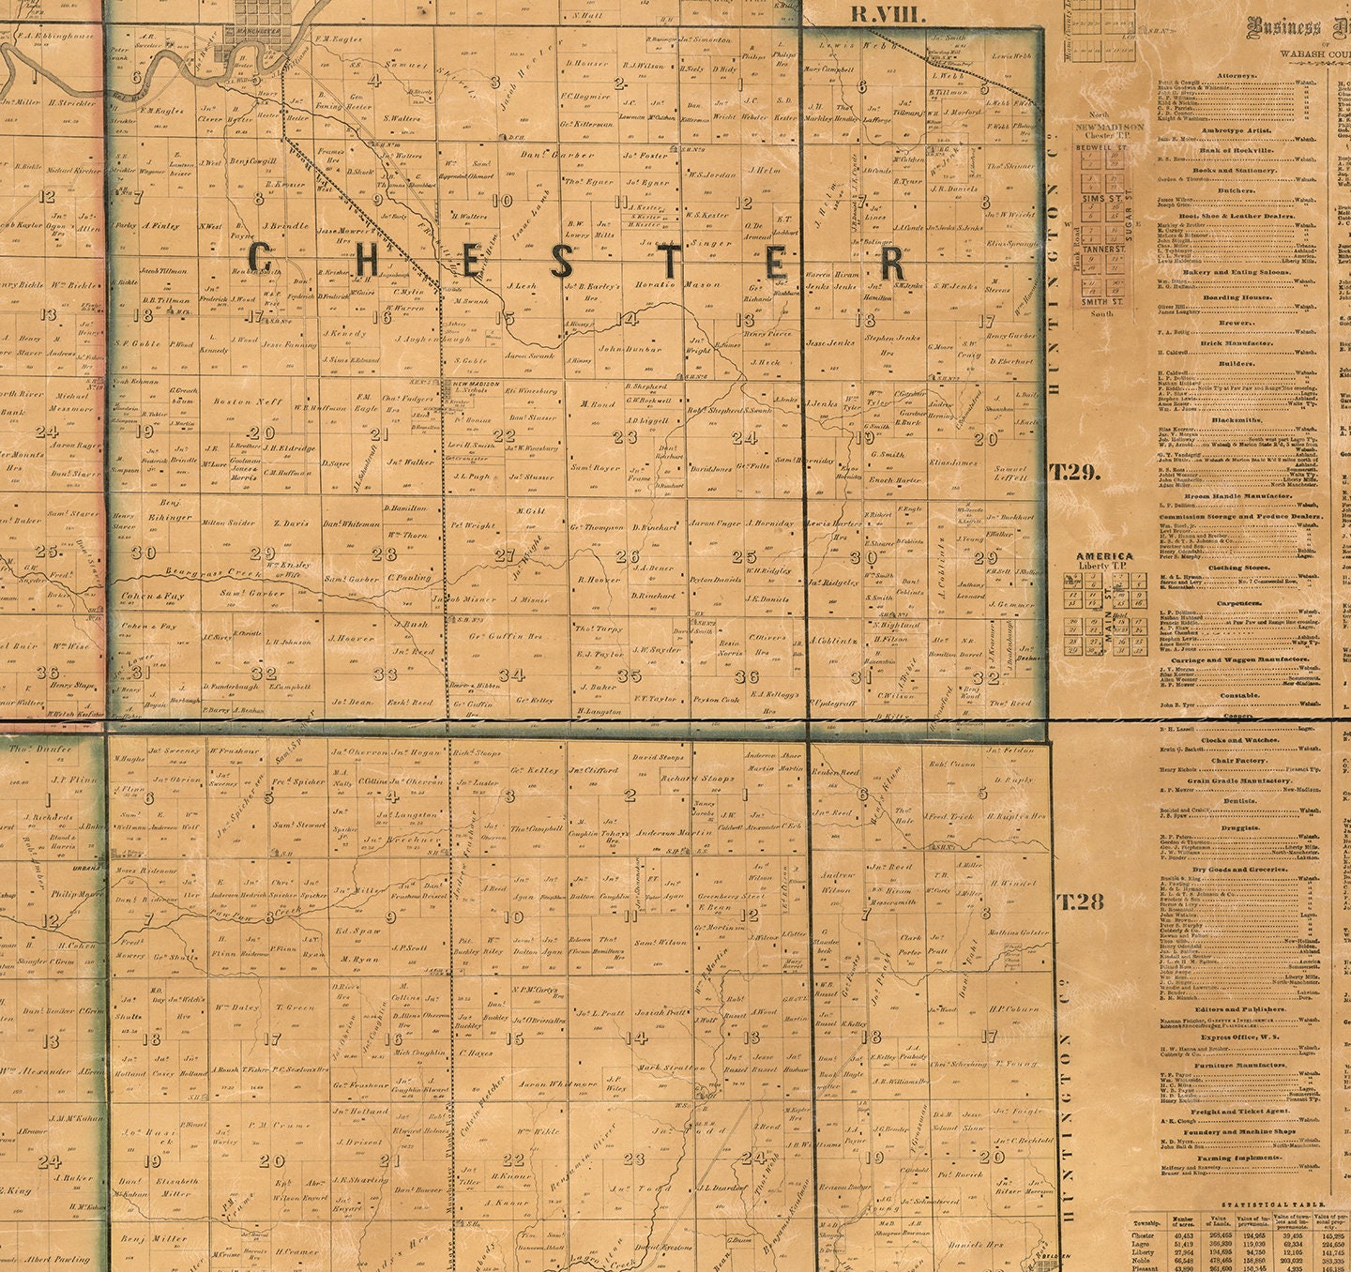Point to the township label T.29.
tap(1075, 472)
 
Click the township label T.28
tap(1081, 902)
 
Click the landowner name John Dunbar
tap(630, 349)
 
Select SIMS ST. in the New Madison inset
tap(1103, 200)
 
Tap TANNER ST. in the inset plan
tap(1102, 250)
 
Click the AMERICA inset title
tap(1104, 555)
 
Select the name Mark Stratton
tap(671, 1068)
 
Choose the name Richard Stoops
tap(697, 778)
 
